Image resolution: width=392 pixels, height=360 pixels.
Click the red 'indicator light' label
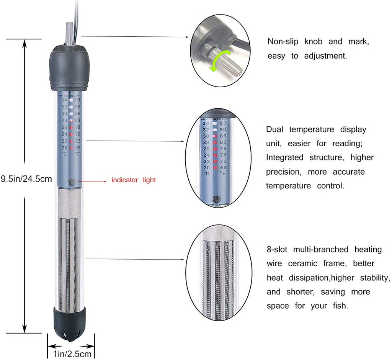134,180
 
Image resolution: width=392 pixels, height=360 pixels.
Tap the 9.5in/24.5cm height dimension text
26,179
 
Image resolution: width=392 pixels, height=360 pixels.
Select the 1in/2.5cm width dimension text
72,354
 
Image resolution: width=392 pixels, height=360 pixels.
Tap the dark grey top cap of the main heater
69,67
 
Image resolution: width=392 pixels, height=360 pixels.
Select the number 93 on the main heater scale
77,100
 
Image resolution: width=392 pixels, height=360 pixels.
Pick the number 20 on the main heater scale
64,148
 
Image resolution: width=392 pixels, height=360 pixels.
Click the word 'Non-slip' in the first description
283,41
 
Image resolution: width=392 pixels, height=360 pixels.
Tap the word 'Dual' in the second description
274,129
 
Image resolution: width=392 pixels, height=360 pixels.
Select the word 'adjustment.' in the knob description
325,56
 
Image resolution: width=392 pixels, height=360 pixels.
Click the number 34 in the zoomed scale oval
206,123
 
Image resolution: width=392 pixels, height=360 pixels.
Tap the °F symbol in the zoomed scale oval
223,173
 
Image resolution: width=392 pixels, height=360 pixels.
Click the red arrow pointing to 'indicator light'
92,181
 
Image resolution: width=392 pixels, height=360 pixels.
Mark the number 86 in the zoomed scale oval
223,136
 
